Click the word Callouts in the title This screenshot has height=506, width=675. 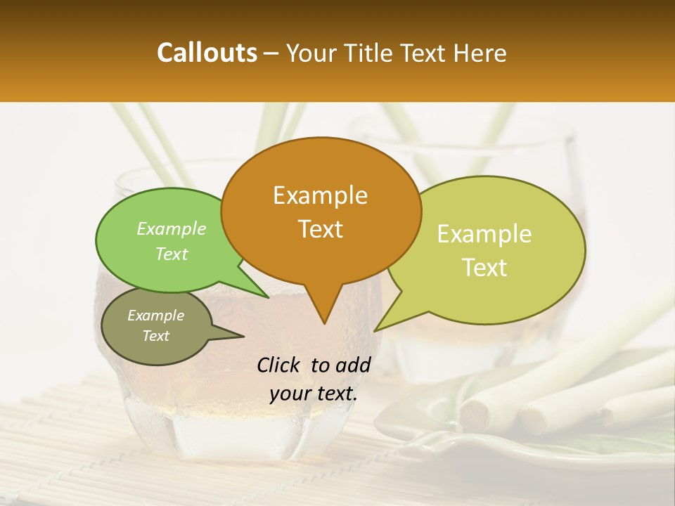coord(207,53)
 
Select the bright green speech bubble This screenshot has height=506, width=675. coord(141,267)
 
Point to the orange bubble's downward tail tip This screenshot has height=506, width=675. coord(323,323)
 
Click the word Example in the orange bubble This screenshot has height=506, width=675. coord(320,195)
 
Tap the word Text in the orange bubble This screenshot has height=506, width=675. coord(320,229)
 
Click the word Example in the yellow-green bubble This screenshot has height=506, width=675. coord(484,234)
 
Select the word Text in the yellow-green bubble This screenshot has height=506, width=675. coord(484,268)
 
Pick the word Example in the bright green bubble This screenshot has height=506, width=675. coord(172,228)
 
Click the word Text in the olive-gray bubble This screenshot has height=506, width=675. coord(156,336)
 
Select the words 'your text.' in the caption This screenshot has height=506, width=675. coord(314,394)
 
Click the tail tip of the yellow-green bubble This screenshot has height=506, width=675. coord(375,330)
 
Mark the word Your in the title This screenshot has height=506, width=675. coord(310,53)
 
